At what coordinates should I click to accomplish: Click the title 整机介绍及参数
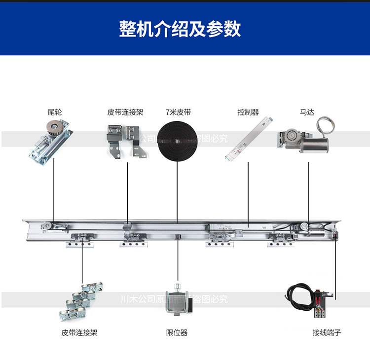click(180, 29)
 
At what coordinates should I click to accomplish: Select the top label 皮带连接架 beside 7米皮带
click(125, 112)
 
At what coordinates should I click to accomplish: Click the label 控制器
click(248, 112)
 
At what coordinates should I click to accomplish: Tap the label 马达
click(307, 112)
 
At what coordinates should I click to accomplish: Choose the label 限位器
click(177, 333)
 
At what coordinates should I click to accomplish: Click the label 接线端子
click(327, 333)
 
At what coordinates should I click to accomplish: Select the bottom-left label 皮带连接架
click(79, 333)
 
